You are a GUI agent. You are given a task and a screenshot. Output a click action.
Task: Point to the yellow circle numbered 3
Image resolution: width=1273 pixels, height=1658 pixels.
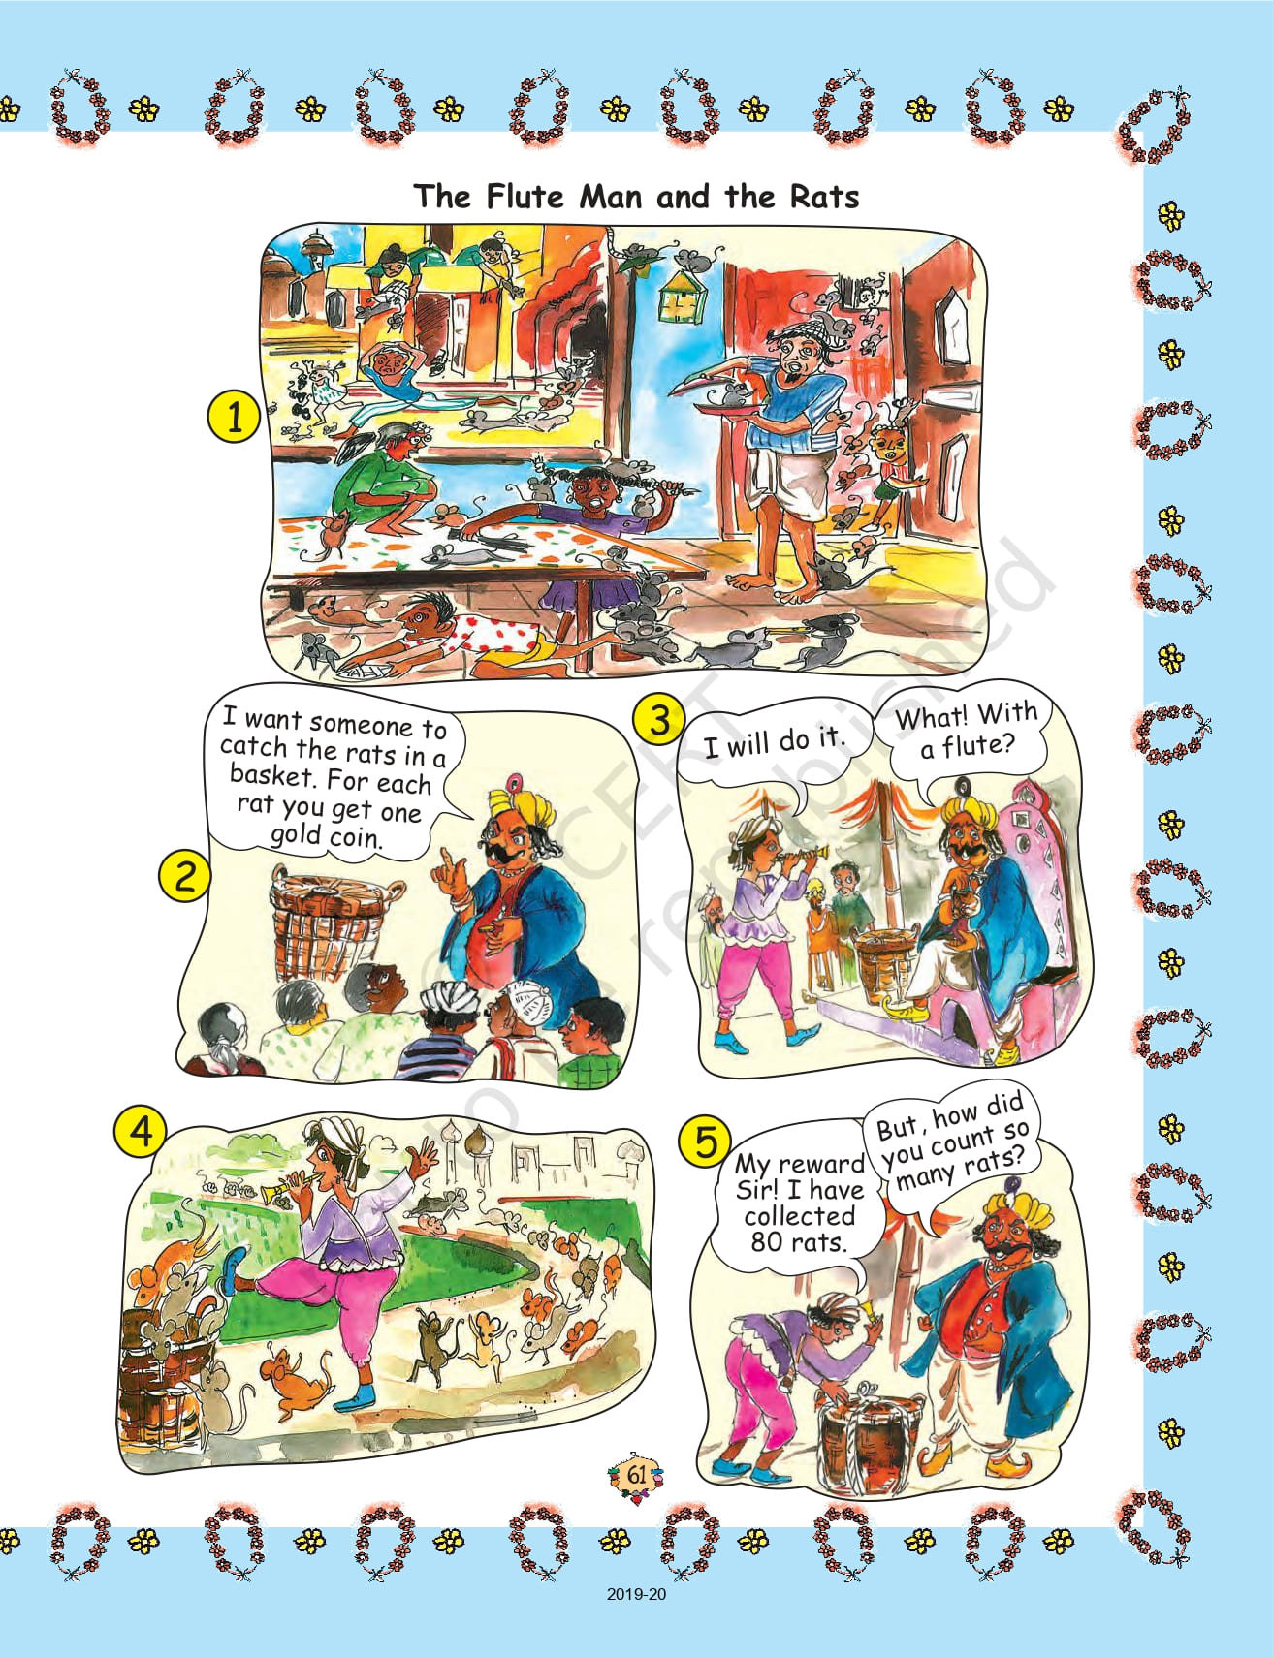click(658, 721)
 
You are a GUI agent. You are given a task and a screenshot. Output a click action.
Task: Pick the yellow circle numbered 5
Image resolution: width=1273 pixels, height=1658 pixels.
click(705, 1142)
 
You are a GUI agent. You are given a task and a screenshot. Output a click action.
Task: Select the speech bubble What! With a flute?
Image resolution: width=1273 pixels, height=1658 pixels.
click(966, 732)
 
